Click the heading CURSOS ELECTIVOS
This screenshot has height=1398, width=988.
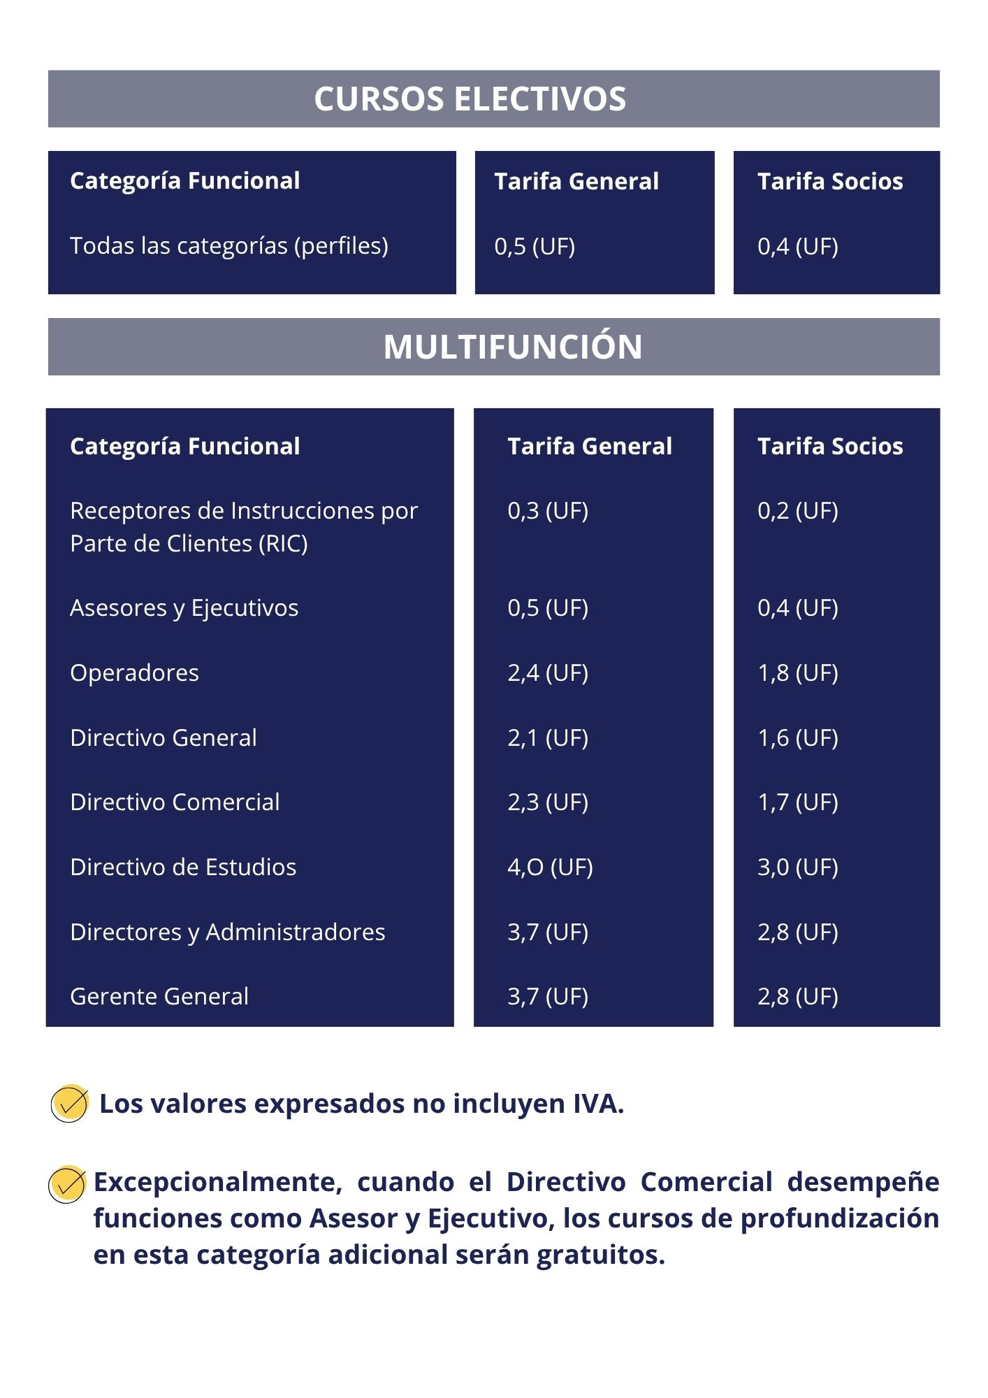coord(470,99)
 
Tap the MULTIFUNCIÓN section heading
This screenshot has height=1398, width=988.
coord(513,346)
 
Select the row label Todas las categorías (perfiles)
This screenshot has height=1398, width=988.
coord(229,246)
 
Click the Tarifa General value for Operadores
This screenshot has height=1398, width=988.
coord(548,672)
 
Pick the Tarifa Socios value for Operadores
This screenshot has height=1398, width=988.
coord(798,672)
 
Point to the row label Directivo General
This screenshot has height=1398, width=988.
coord(164,737)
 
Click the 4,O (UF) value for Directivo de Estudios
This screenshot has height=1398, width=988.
coord(551,867)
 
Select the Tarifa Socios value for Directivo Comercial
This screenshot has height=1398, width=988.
coord(798,802)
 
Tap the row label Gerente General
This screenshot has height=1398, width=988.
coord(159,996)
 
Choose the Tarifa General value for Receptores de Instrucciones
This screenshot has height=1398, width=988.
coord(548,510)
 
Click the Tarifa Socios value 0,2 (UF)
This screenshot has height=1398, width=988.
coord(798,510)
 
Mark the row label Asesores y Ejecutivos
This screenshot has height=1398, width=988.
coord(184,608)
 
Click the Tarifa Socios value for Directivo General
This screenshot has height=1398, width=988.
coord(798,737)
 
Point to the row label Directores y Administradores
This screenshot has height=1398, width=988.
coord(228,932)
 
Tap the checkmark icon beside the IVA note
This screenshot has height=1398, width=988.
coord(70,1104)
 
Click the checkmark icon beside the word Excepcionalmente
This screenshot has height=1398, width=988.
coord(67,1184)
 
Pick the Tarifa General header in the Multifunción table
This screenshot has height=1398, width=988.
coord(590,446)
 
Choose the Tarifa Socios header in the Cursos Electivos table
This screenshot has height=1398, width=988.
coord(830,181)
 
